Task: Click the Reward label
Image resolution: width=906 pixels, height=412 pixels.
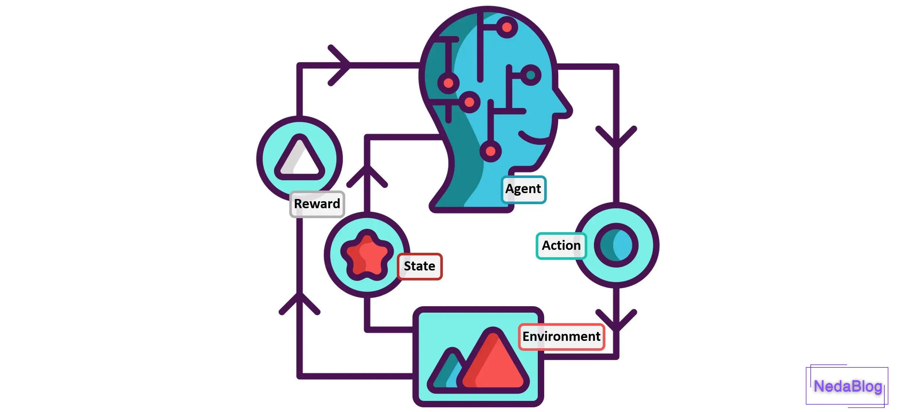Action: [x=317, y=204]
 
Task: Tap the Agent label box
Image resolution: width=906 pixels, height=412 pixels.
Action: [x=523, y=189]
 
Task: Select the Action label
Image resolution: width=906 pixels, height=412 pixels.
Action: [x=561, y=245]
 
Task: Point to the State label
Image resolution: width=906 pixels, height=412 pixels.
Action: [x=419, y=266]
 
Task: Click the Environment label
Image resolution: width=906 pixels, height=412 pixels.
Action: [x=561, y=336]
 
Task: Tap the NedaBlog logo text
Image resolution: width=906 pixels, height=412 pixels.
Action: [x=847, y=386]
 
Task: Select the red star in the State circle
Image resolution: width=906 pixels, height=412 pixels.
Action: [x=366, y=255]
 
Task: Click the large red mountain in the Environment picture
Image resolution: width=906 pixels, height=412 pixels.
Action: [x=494, y=363]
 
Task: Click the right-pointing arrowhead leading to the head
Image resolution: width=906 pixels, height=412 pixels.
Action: [x=341, y=65]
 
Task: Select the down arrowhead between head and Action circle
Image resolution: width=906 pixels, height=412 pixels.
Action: [x=616, y=138]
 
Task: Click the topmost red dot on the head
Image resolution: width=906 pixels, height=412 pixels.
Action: [x=507, y=27]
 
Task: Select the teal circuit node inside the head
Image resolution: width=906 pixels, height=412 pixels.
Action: [x=531, y=75]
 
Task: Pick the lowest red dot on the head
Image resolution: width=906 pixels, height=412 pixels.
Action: [x=490, y=151]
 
